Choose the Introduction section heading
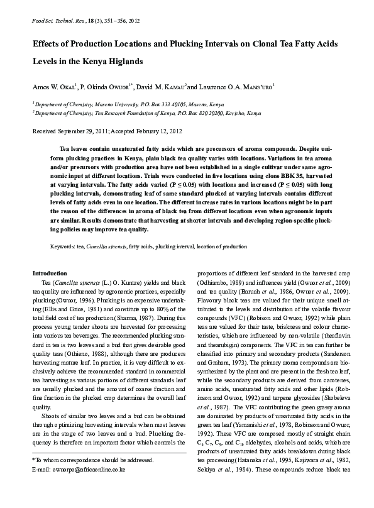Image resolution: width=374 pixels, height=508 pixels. point(49,273)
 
